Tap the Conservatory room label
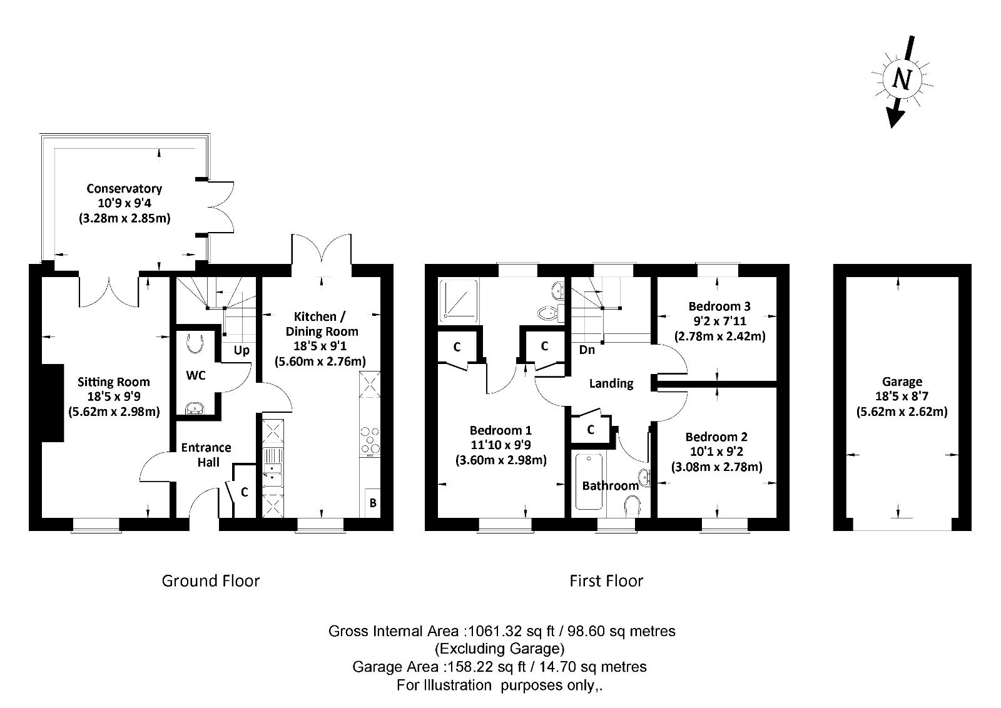coord(124,188)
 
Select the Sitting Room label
coord(113,382)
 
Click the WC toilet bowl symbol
coord(195,343)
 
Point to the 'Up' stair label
coord(241,351)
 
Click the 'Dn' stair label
coord(587,350)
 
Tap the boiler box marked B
coord(372,503)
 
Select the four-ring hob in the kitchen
coord(370,442)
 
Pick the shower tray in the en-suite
coord(459,300)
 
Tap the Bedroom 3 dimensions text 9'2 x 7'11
coord(719,321)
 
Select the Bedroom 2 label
coord(716,437)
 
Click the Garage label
coord(902,382)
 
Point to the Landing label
coord(611,383)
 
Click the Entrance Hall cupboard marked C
coord(245,492)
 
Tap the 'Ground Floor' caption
coord(210,580)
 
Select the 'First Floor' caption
coord(606,580)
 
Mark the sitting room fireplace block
coord(53,403)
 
